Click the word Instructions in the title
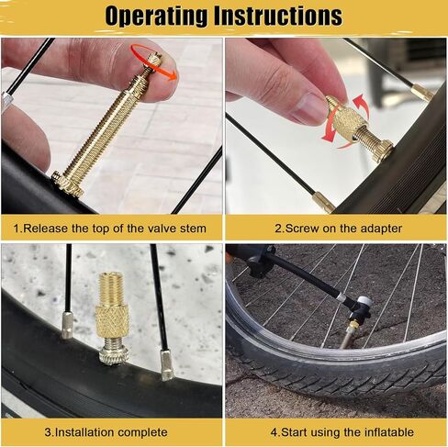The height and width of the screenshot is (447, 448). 283,17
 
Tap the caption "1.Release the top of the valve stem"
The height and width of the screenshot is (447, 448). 110,228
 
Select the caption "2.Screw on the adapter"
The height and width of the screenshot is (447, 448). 334,228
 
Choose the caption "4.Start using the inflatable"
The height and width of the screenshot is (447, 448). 337,431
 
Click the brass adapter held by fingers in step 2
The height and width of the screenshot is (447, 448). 350,119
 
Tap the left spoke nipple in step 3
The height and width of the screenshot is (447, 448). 67,324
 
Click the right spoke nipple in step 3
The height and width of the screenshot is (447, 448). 166,364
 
